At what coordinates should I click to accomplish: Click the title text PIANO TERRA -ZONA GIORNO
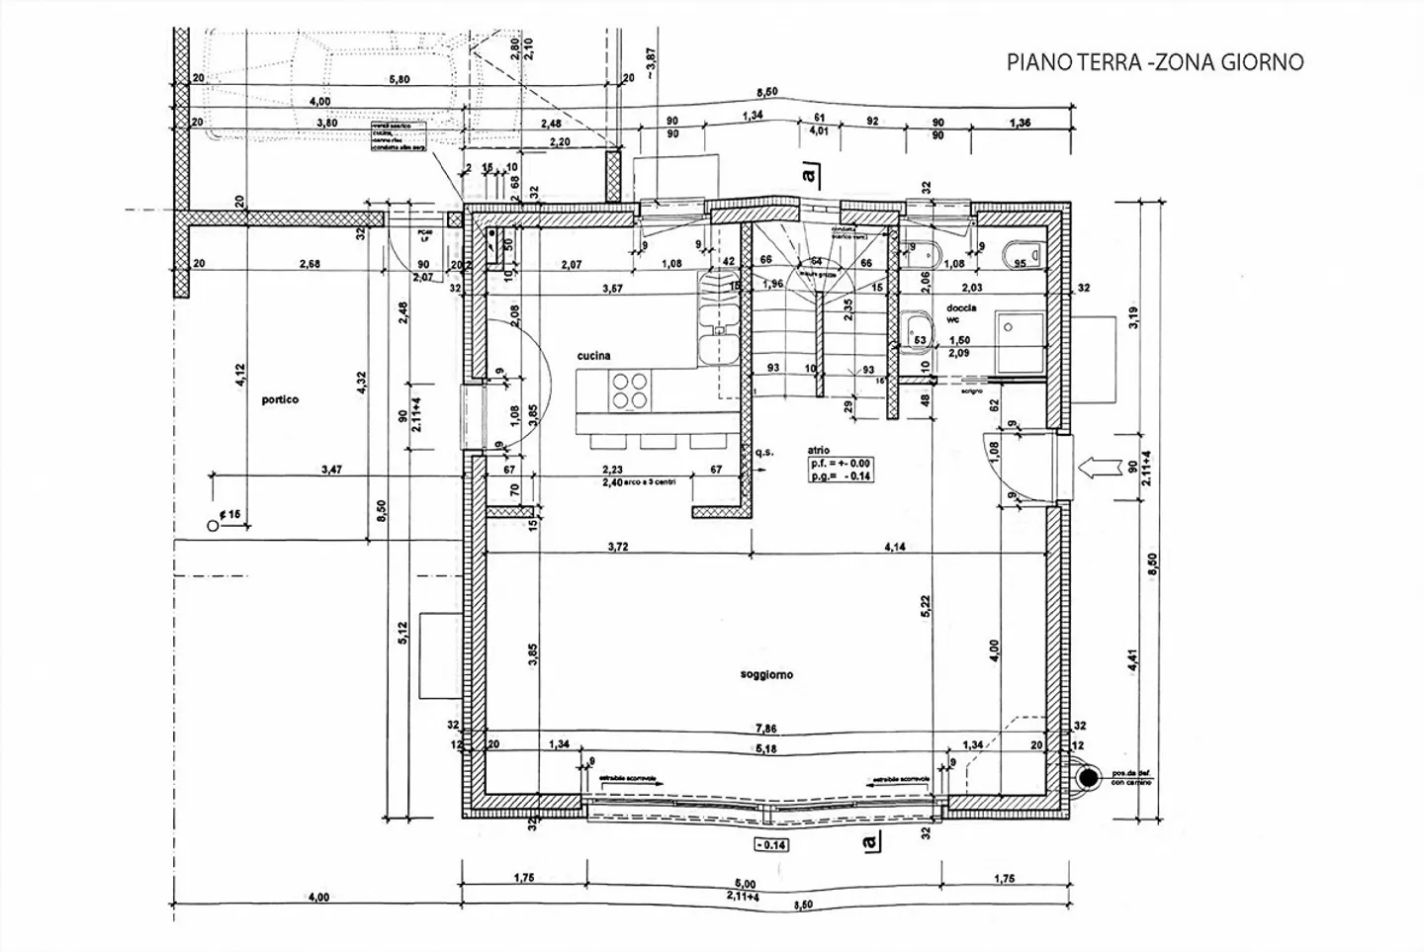[x=1154, y=62]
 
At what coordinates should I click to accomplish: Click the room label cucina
[x=593, y=356]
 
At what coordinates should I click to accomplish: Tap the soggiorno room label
[x=766, y=675]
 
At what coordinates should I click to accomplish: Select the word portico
[x=280, y=400]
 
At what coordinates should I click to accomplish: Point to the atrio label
[x=820, y=450]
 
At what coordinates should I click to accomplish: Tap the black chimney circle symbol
[x=1087, y=778]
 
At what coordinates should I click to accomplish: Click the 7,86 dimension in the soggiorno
[x=763, y=729]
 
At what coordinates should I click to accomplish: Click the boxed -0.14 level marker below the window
[x=770, y=845]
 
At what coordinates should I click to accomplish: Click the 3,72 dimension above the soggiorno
[x=618, y=547]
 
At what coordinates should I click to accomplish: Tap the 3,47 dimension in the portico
[x=331, y=471]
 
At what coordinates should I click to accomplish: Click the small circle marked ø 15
[x=212, y=527]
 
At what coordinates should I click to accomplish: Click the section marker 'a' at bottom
[x=868, y=841]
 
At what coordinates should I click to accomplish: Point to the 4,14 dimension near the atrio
[x=896, y=547]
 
